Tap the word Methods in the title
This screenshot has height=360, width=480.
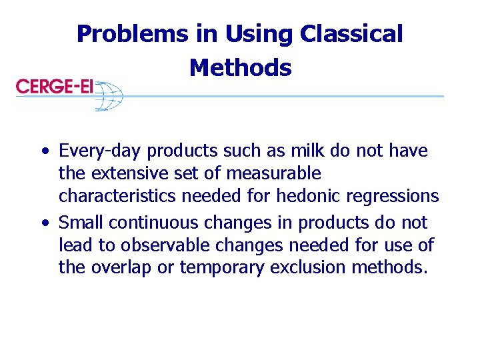240,67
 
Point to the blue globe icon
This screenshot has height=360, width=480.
109,94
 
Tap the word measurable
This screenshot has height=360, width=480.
274,174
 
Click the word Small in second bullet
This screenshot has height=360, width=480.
79,222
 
